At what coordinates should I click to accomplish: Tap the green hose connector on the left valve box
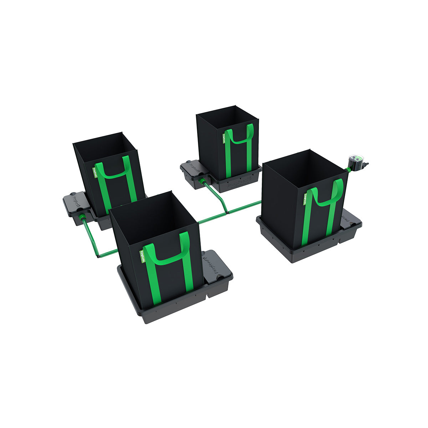pyautogui.click(x=82, y=217)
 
